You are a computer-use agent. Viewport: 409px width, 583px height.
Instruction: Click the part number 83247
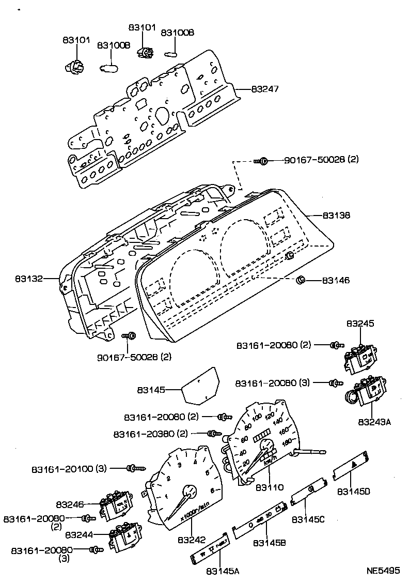click(265, 89)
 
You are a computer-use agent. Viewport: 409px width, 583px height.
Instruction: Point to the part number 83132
click(28, 279)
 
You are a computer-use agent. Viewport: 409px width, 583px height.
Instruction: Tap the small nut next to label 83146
click(300, 281)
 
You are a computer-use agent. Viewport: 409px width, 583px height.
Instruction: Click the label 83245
click(360, 324)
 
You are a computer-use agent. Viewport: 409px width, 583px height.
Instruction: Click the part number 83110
click(269, 487)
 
